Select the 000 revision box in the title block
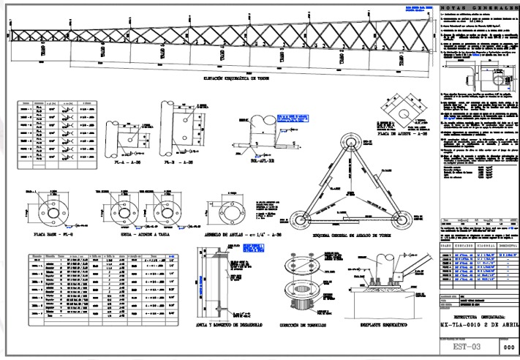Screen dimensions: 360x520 point(508,348)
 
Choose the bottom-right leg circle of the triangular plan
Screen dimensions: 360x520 point(404,217)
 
